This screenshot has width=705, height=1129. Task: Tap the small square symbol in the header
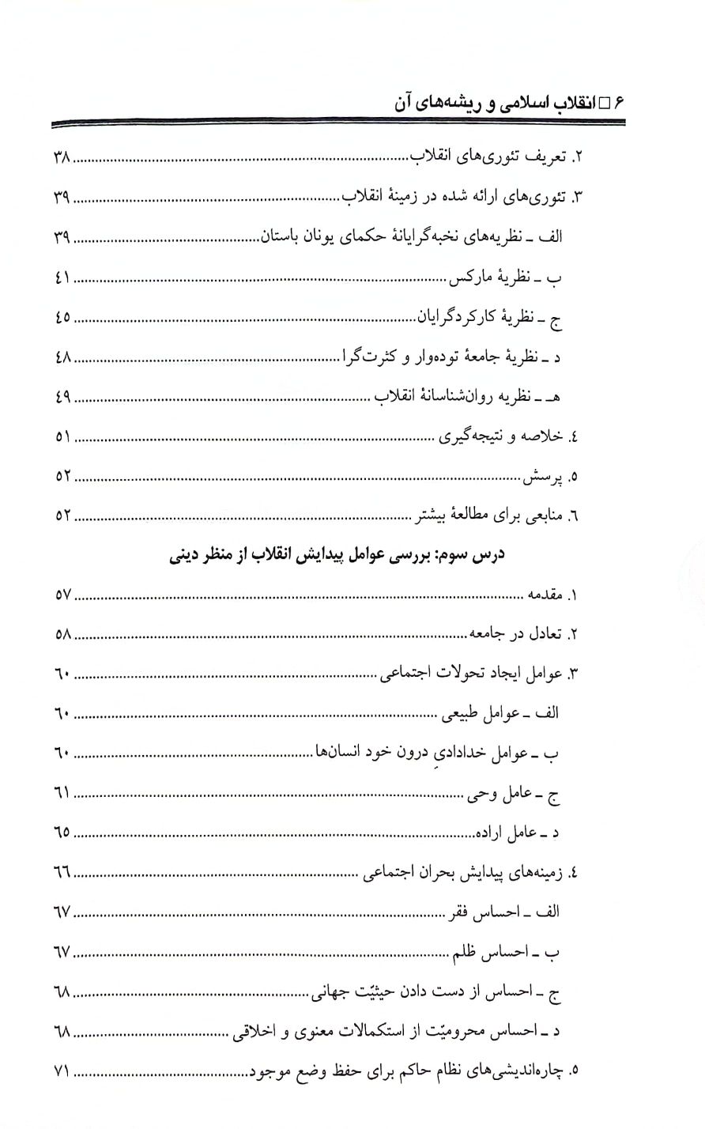[x=605, y=102]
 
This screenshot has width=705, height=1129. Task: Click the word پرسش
[x=541, y=477]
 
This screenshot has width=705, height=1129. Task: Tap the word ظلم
[x=469, y=952]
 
